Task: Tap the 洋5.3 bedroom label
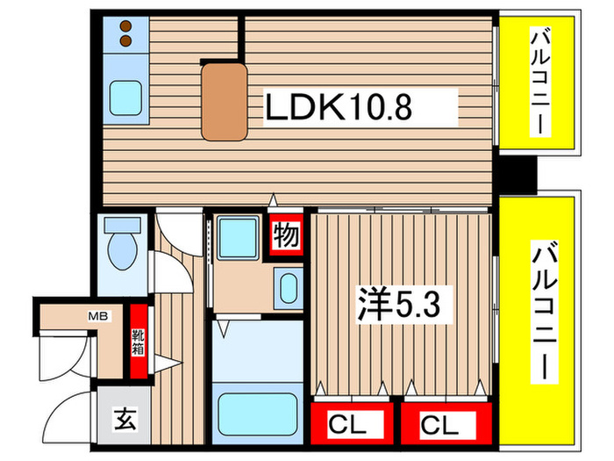pyautogui.click(x=403, y=306)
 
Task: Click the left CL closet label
pyautogui.click(x=348, y=426)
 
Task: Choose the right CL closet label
pyautogui.click(x=439, y=426)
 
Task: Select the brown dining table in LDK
pyautogui.click(x=223, y=99)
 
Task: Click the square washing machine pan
pyautogui.click(x=236, y=236)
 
